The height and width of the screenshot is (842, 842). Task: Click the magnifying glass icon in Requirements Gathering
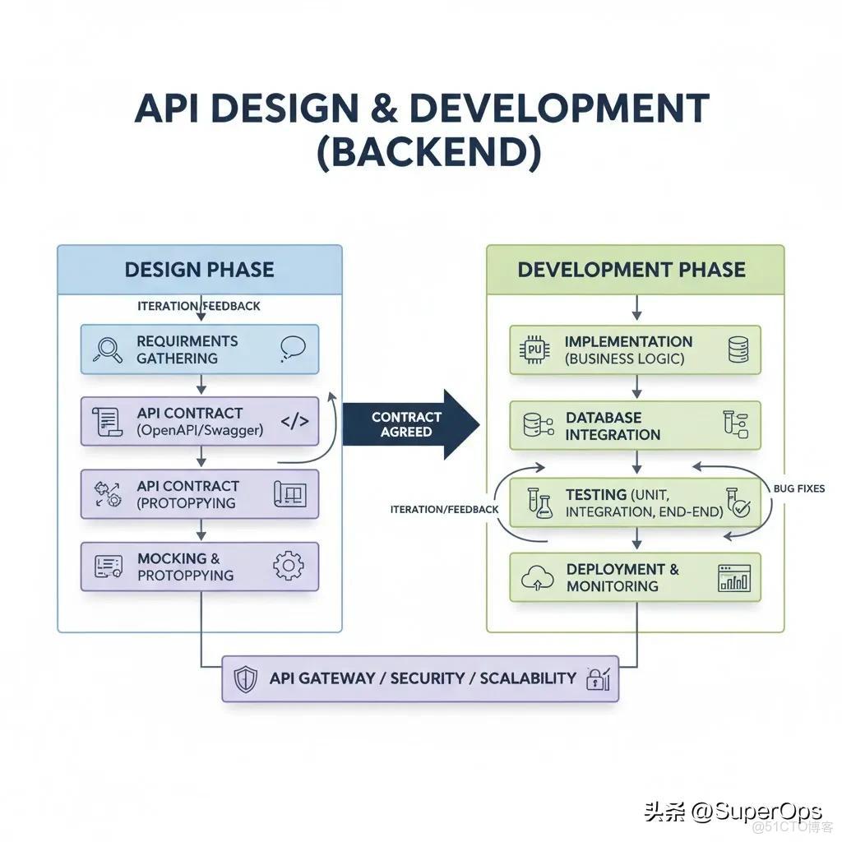108,349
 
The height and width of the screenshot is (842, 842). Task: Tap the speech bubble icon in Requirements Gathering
293,349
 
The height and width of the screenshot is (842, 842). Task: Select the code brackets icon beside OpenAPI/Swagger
295,422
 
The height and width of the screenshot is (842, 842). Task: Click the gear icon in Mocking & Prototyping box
289,566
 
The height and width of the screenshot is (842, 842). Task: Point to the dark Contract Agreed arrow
411,424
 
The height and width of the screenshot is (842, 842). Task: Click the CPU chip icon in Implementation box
534,349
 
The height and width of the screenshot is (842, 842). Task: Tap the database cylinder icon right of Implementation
738,349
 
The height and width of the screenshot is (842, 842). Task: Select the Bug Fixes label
799,488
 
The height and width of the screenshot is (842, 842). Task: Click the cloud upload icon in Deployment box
538,578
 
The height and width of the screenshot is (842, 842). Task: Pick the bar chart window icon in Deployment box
734,578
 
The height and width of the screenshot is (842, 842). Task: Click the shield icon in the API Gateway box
246,678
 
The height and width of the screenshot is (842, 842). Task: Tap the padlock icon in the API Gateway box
598,678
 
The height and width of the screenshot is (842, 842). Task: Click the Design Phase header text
200,270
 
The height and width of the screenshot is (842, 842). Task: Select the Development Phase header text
631,270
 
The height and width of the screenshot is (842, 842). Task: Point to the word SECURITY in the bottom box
428,678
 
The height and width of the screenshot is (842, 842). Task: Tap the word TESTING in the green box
596,494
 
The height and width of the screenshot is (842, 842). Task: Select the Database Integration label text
613,426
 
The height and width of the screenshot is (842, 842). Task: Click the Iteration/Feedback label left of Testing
445,510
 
